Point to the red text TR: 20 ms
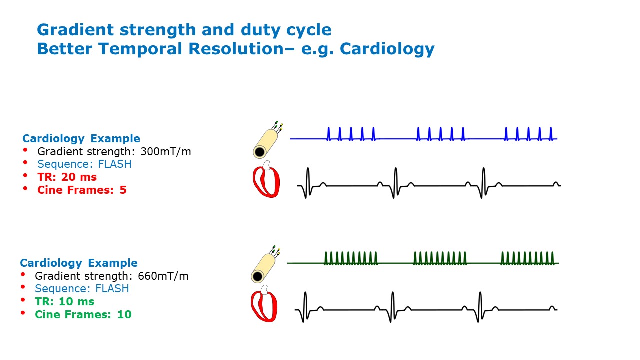click(67, 177)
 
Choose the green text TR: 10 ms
click(64, 301)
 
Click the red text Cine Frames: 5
click(82, 190)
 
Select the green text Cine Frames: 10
click(83, 314)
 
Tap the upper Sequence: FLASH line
click(84, 164)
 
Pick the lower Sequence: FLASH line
click(82, 288)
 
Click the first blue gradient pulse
click(328, 133)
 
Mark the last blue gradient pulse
click(551, 133)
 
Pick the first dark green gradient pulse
click(326, 258)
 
